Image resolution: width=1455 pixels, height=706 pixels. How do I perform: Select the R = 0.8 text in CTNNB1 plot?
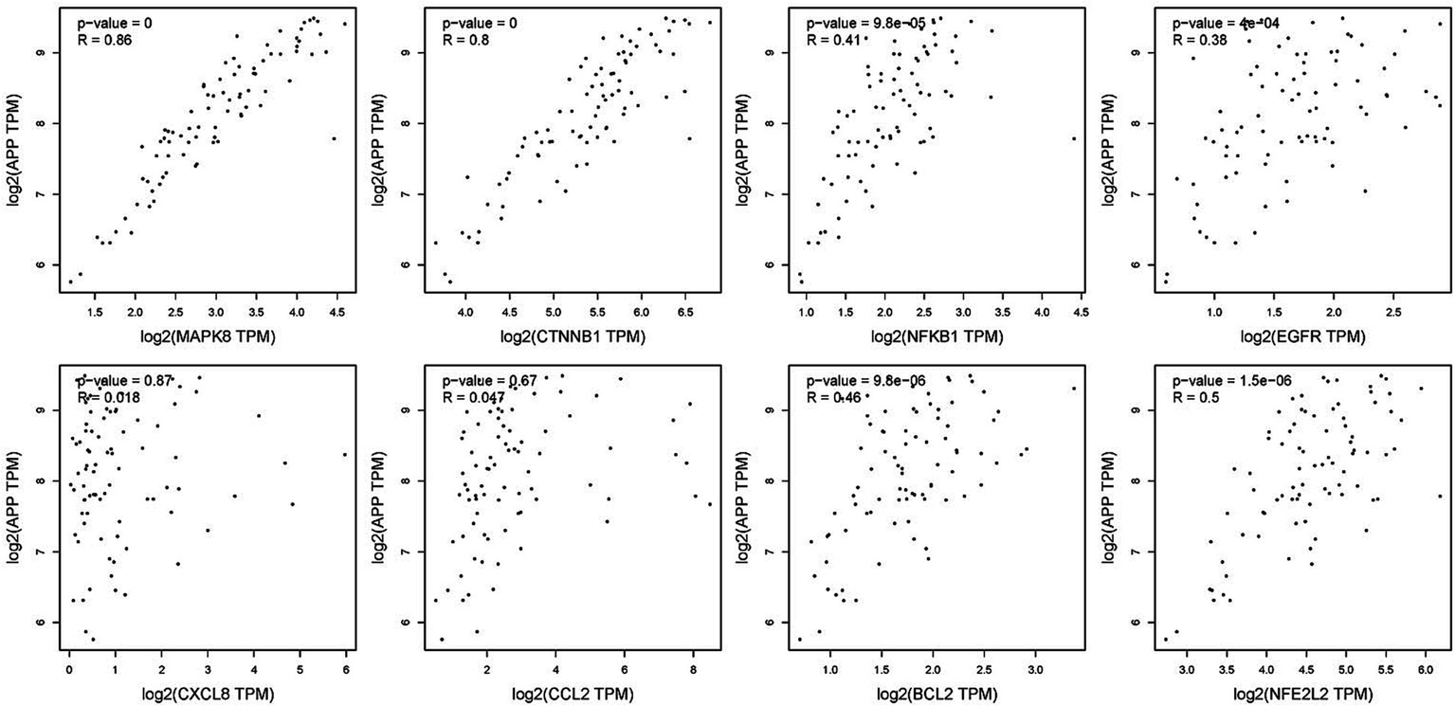pos(462,39)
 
